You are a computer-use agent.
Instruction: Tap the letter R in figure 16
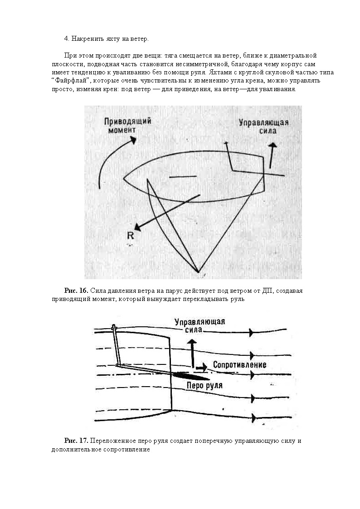[131, 235]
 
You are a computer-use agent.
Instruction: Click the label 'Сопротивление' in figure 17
[239, 365]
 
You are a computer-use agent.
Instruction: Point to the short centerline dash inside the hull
[183, 176]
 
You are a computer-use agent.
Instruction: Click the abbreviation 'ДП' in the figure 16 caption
[268, 291]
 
